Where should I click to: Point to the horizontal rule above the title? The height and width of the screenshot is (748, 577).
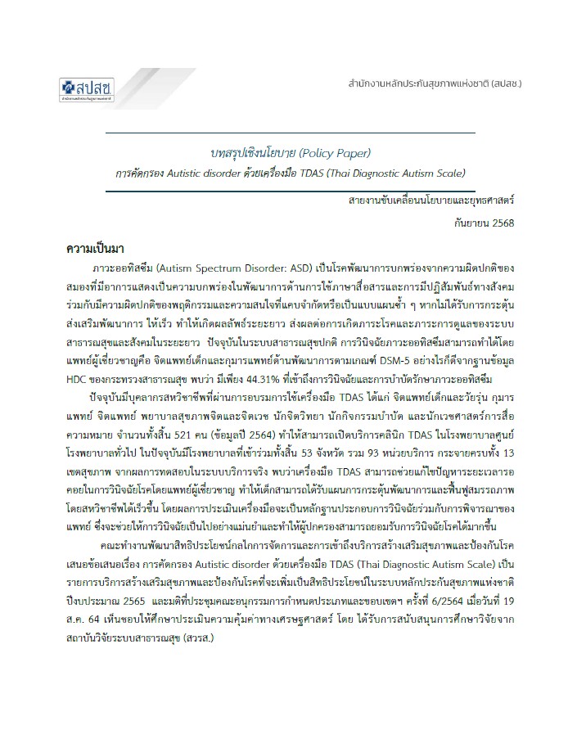point(291,132)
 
